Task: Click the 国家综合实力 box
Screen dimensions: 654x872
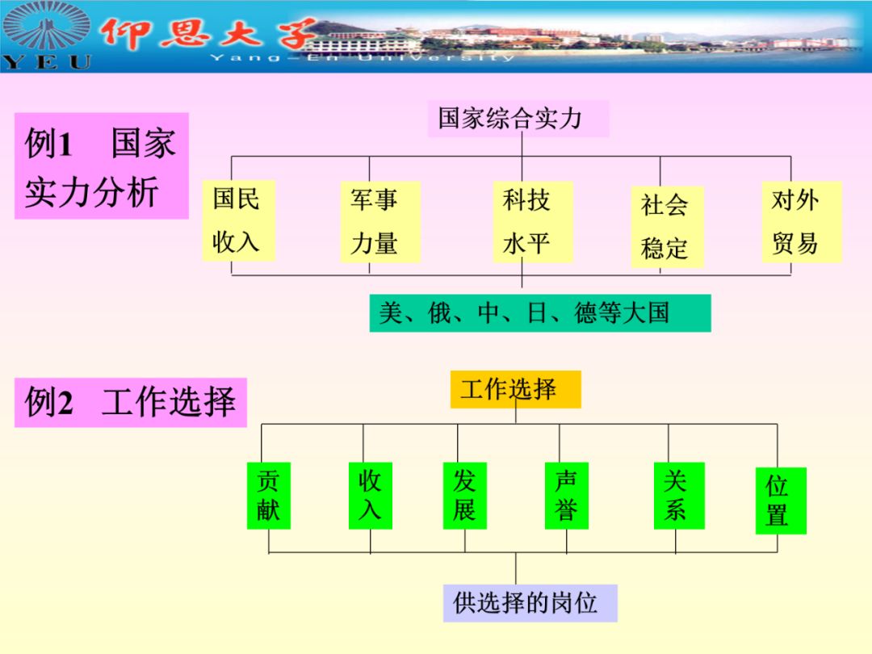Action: (517, 119)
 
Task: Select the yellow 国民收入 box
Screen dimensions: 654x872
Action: (237, 220)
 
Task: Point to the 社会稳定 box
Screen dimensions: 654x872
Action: (666, 227)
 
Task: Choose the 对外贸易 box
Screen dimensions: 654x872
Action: (801, 220)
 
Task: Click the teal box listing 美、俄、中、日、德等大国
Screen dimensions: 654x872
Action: (539, 312)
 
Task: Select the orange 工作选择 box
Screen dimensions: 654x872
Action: (515, 389)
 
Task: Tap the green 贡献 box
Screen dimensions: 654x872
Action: (268, 496)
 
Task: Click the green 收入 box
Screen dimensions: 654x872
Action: (370, 496)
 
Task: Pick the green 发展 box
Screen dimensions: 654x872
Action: (464, 496)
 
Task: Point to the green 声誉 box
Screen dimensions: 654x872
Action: (566, 496)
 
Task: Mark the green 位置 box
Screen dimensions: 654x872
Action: (780, 501)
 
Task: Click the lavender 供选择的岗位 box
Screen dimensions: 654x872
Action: (530, 603)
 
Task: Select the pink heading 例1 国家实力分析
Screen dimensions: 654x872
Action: (101, 166)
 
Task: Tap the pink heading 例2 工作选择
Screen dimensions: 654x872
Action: (130, 402)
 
